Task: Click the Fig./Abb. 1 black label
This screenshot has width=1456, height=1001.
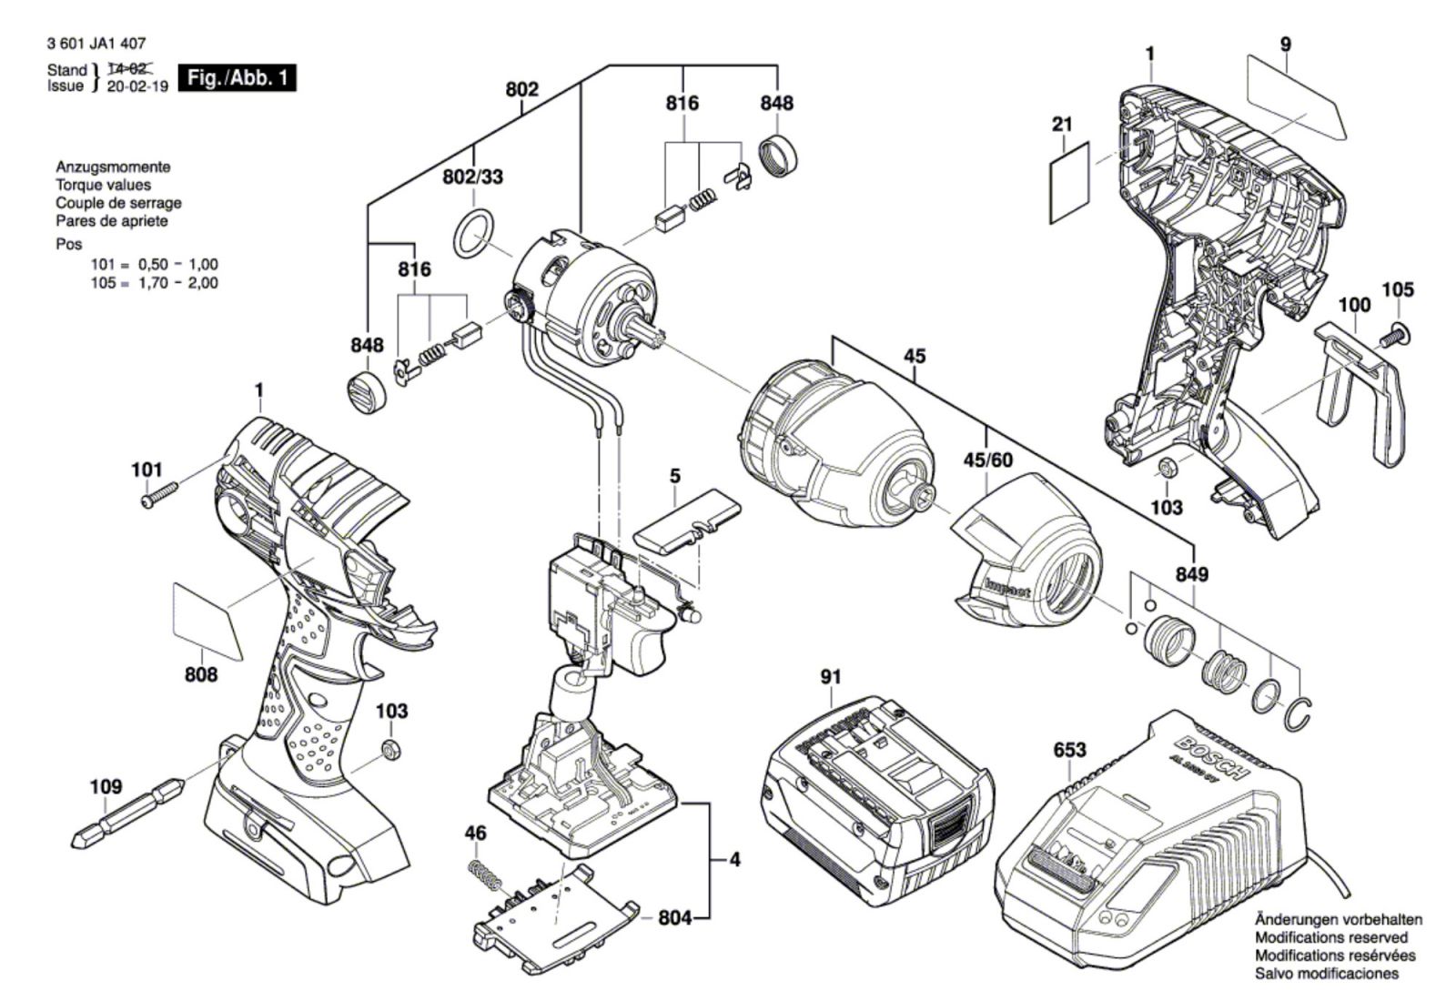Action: click(238, 77)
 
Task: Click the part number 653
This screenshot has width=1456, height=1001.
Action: click(1069, 750)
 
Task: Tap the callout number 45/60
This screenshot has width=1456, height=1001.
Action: click(987, 460)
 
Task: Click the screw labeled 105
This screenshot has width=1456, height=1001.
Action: click(1391, 336)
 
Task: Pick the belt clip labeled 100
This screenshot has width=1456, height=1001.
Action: click(1360, 382)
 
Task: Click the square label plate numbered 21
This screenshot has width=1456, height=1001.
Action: click(1070, 182)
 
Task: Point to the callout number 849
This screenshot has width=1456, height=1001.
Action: click(1191, 575)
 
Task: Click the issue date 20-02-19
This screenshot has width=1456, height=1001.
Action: click(137, 86)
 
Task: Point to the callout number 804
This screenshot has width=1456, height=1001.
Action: click(674, 918)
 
